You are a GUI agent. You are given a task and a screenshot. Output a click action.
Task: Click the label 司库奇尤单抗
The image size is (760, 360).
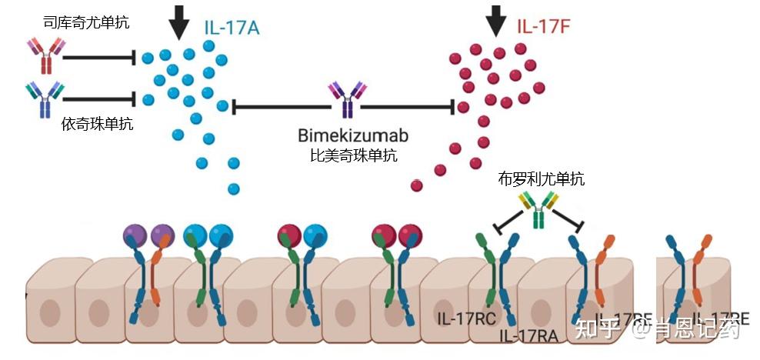(85, 23)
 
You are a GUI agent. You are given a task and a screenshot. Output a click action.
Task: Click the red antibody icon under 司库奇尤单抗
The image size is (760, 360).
(45, 56)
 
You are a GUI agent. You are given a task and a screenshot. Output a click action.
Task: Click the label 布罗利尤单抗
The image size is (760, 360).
(541, 179)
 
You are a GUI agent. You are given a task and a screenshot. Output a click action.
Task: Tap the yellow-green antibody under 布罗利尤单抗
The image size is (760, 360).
(538, 210)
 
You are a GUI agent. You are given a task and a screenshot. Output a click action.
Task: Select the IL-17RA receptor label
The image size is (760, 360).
(529, 335)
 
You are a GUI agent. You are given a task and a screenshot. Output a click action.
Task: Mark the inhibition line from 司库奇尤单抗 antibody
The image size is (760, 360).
(101, 57)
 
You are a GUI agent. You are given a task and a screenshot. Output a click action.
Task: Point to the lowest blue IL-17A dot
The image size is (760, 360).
(234, 188)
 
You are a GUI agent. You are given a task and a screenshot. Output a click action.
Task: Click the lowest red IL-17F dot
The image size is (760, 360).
(417, 185)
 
